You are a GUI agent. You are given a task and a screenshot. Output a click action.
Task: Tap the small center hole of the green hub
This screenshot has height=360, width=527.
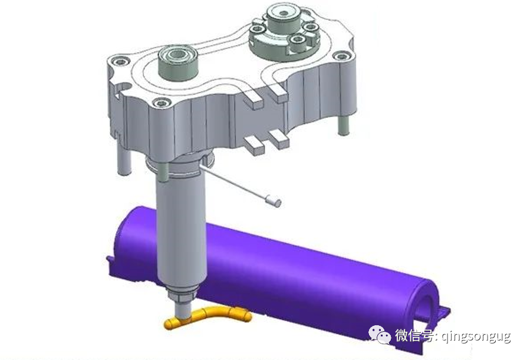click(x=284, y=14)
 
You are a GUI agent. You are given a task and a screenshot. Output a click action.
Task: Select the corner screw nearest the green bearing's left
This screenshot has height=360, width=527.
click(x=121, y=61)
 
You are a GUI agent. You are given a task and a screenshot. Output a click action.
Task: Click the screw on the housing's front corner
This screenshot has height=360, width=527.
click(x=162, y=102)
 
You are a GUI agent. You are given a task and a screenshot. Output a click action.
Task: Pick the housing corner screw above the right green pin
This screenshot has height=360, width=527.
click(x=341, y=55)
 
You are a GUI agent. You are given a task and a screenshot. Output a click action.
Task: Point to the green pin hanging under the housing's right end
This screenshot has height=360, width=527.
click(x=343, y=124)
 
